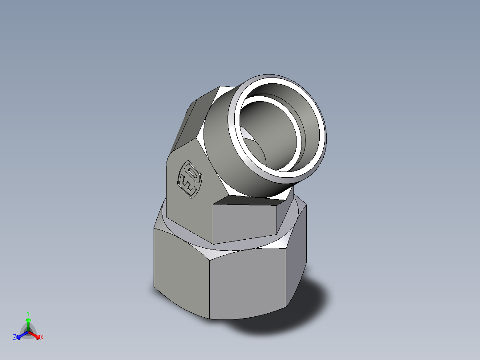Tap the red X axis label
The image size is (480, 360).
42,338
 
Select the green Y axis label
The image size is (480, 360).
28,313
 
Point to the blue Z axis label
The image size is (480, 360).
15,338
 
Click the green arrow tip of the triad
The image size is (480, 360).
28,320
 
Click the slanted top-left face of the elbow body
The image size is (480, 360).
189,125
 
